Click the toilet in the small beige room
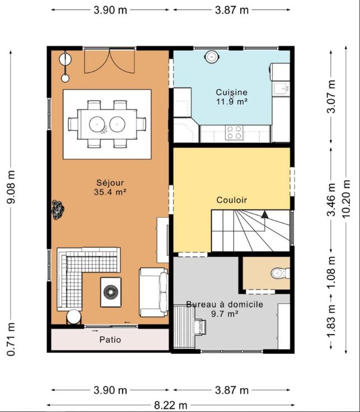tap(280, 273)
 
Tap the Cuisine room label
tap(231, 92)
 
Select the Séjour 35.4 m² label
tap(110, 188)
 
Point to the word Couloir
tap(231, 200)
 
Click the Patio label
tap(110, 340)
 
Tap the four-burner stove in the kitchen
tap(235, 133)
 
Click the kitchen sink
tap(281, 88)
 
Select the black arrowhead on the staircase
tap(265, 214)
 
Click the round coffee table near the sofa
tap(111, 292)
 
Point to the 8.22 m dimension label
tap(171, 406)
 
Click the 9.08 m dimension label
tap(11, 187)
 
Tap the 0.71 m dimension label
tap(11, 339)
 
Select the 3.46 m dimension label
tap(331, 199)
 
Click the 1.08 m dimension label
tap(331, 272)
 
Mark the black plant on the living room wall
tap(58, 209)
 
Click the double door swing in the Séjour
tap(109, 60)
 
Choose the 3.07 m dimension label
tap(331, 96)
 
